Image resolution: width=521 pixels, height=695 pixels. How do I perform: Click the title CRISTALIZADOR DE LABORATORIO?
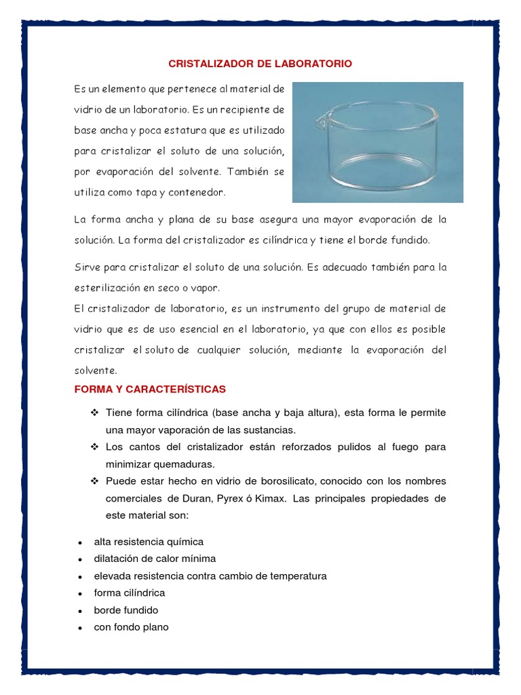pos(260,64)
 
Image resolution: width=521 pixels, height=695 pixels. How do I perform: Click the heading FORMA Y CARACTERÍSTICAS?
pos(149,389)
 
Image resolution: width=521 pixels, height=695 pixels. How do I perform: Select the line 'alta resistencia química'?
pos(149,542)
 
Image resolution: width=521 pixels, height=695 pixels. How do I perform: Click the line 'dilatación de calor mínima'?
pos(155,559)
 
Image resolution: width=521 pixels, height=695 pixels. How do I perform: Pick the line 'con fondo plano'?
pos(131,627)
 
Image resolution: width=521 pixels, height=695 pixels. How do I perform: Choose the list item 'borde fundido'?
pos(126,610)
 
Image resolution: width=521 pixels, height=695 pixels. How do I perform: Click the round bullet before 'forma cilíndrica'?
pos(80,594)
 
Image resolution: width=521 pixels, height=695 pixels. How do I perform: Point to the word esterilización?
pos(113,287)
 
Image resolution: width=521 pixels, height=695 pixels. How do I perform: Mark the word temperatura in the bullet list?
pos(296,576)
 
